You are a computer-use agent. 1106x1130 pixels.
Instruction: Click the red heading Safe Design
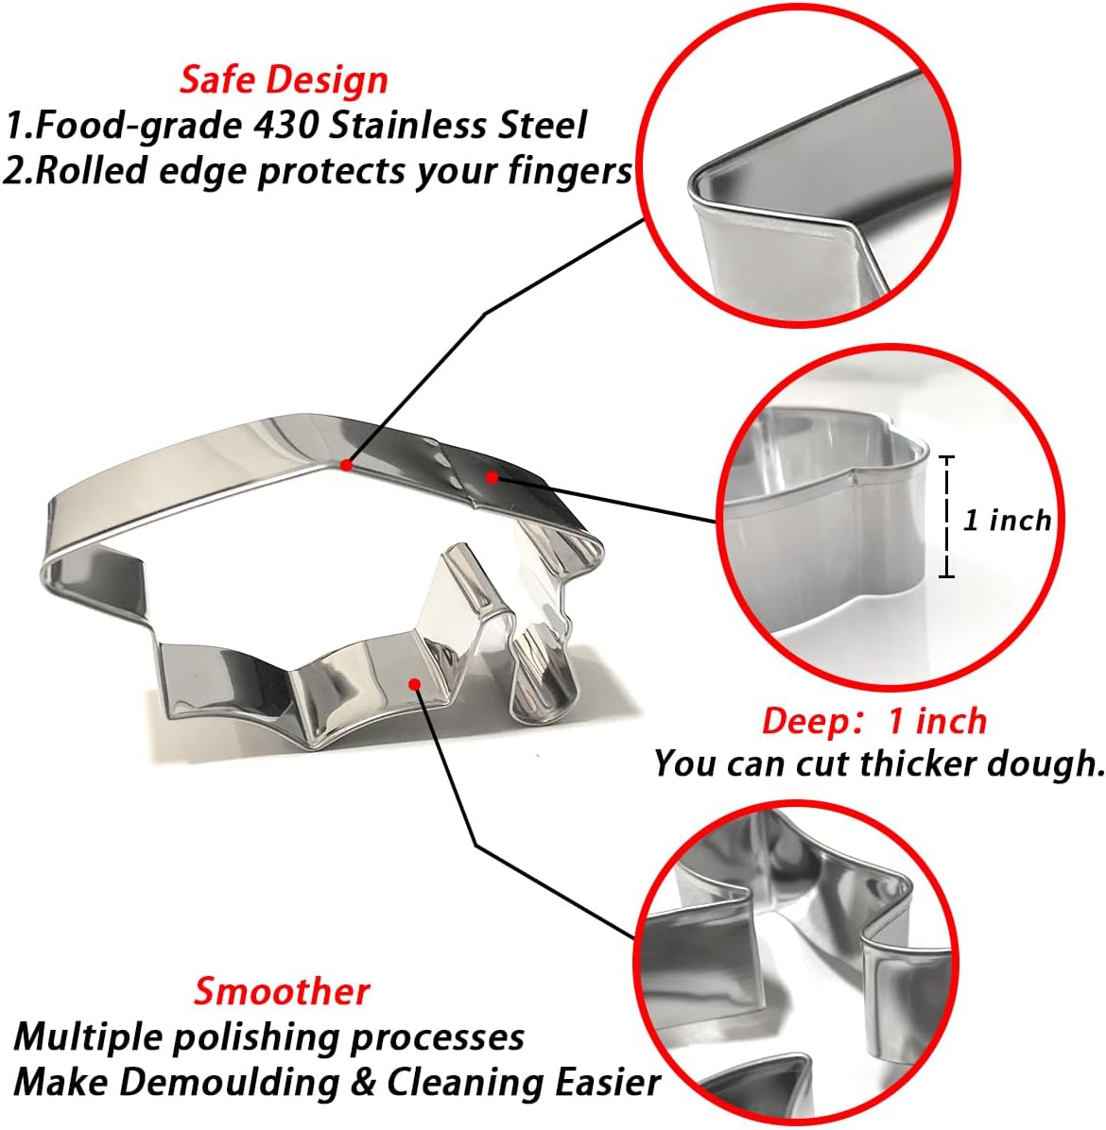[x=284, y=79]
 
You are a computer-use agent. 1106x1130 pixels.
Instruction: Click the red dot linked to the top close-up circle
[x=347, y=466]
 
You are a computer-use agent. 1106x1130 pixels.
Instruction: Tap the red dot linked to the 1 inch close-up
[x=492, y=477]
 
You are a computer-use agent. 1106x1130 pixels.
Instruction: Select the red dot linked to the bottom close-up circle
[x=414, y=684]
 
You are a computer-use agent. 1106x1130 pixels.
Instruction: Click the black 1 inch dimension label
[x=1008, y=520]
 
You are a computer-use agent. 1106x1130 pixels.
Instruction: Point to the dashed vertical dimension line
[x=947, y=517]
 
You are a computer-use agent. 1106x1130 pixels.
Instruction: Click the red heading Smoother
[x=282, y=991]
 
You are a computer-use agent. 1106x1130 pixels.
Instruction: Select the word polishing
[x=257, y=1037]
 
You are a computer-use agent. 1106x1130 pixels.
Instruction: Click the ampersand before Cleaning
[x=363, y=1083]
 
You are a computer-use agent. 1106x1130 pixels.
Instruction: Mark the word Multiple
[x=90, y=1037]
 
